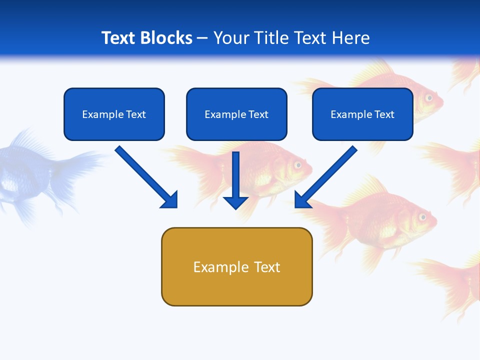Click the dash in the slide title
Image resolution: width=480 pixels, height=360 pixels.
(x=202, y=38)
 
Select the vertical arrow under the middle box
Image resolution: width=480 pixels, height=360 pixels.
(x=236, y=180)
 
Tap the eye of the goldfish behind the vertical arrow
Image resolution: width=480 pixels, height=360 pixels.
(x=298, y=164)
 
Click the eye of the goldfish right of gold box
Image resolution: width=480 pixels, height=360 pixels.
(x=422, y=217)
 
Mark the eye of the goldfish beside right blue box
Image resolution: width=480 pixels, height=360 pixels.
(x=429, y=97)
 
